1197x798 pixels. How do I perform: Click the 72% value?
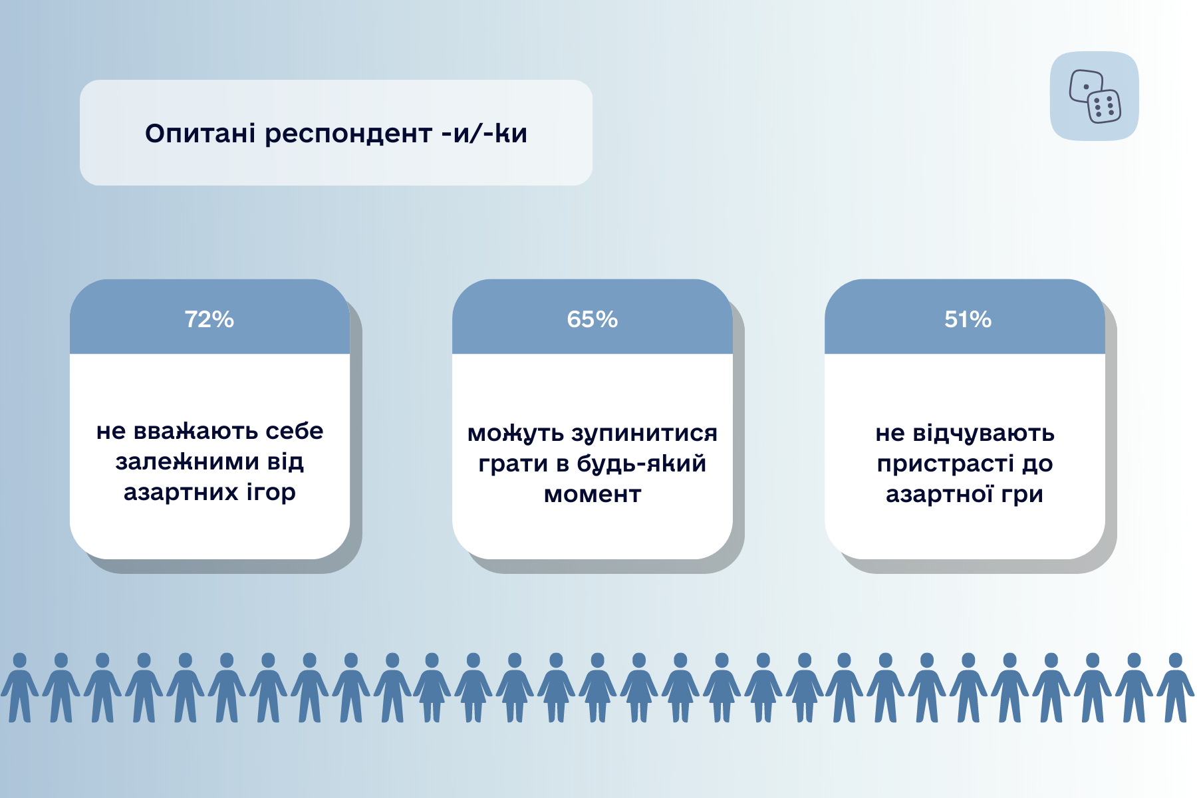coord(209,319)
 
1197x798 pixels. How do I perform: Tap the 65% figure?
coord(592,319)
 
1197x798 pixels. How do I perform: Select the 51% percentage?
coord(968,319)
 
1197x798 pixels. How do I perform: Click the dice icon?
coord(1095,96)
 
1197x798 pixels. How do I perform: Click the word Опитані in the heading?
coord(200,134)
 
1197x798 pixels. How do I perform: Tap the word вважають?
coord(195,431)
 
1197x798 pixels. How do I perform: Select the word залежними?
coord(187,462)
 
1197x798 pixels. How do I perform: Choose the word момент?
coord(593,495)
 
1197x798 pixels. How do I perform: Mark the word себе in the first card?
coord(294,431)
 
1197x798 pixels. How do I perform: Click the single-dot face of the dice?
coord(1085,86)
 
